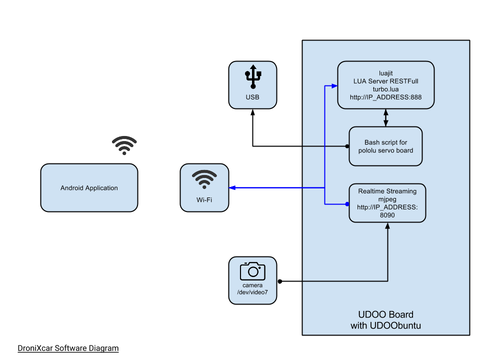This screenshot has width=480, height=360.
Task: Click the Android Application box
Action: (x=89, y=188)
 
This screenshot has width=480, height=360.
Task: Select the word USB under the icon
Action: (x=252, y=97)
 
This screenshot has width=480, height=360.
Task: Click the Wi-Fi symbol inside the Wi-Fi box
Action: (x=204, y=179)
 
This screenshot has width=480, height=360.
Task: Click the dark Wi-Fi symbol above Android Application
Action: (x=124, y=145)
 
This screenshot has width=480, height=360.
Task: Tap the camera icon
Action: (x=252, y=270)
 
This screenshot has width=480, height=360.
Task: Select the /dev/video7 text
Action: (x=252, y=293)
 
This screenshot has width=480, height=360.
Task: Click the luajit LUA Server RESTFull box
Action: (x=385, y=84)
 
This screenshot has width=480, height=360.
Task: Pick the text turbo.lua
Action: (x=385, y=89)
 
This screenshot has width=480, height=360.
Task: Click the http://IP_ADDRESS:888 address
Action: (x=385, y=97)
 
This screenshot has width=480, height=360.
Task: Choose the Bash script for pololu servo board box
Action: (x=385, y=146)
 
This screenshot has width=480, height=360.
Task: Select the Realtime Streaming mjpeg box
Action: (x=387, y=203)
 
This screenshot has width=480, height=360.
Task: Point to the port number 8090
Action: (x=387, y=214)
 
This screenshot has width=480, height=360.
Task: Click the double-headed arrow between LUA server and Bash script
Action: (x=385, y=117)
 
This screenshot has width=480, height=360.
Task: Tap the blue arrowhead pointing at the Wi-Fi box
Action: (x=232, y=188)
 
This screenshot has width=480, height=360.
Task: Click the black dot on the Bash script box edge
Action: (x=347, y=146)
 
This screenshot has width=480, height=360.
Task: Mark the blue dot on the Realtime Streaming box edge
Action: (x=347, y=204)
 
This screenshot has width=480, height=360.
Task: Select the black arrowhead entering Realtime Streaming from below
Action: (x=387, y=226)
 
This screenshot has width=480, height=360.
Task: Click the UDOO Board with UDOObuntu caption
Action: (x=385, y=320)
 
